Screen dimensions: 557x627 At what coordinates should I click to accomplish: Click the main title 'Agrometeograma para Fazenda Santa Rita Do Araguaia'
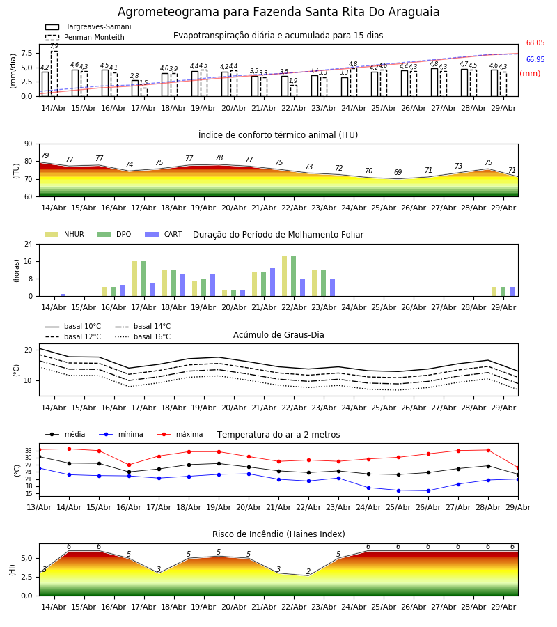(x=278, y=12)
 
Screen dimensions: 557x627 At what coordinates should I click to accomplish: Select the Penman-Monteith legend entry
(x=85, y=37)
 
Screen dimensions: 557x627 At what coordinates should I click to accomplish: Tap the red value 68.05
(x=535, y=42)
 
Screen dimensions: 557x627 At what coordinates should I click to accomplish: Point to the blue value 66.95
(x=535, y=60)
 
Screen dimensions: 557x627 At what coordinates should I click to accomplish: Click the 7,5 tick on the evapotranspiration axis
(x=26, y=53)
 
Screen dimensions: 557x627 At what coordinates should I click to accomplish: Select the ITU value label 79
(x=45, y=155)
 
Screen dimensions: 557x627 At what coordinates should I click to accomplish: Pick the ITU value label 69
(x=398, y=172)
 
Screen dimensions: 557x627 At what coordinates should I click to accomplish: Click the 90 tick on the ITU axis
(x=29, y=144)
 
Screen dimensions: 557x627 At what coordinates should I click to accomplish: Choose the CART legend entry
(x=164, y=234)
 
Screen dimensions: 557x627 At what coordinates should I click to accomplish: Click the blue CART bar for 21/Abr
(x=272, y=282)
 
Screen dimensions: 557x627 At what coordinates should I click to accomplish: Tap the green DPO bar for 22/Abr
(x=294, y=277)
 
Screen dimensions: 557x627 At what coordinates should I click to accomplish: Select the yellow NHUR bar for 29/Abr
(x=494, y=292)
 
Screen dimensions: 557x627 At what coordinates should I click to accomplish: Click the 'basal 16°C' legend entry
(x=143, y=336)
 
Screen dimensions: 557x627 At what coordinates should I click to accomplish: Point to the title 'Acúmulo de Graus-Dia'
(x=278, y=335)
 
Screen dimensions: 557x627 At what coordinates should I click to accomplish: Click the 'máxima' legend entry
(x=180, y=434)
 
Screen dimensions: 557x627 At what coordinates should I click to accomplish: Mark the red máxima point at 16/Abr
(x=129, y=465)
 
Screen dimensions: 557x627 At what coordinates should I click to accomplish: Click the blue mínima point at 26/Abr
(x=428, y=491)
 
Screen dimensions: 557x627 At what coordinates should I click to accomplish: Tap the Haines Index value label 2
(x=308, y=571)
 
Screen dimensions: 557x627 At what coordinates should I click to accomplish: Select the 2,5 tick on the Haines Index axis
(x=26, y=577)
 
